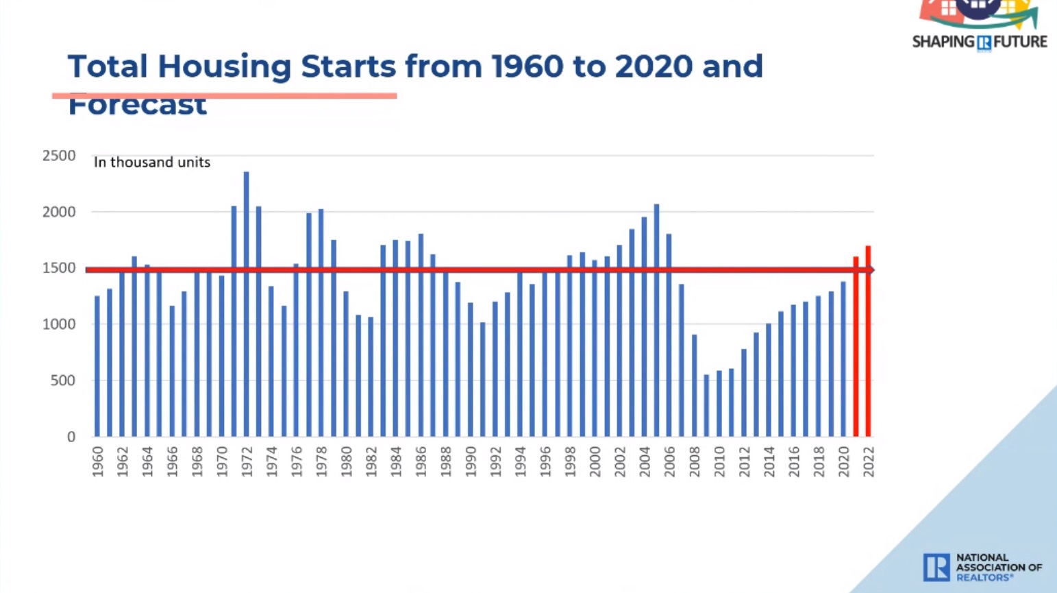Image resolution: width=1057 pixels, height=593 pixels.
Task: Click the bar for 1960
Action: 97,366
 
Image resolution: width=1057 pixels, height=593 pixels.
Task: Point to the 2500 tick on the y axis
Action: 59,156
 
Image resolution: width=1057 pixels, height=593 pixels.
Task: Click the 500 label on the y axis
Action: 62,380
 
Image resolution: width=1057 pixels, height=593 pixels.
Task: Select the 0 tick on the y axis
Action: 71,437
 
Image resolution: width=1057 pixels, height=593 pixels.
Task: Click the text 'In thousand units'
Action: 151,162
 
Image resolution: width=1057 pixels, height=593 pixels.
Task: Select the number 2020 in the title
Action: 653,66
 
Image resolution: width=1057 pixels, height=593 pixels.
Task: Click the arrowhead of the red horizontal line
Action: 870,270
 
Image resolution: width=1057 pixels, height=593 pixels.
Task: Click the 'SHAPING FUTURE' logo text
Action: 979,42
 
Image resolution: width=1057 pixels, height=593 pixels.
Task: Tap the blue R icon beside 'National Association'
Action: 936,567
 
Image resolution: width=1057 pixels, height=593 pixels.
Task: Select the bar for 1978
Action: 321,323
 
